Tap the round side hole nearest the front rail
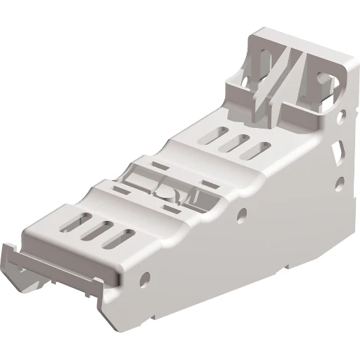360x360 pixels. [145, 280]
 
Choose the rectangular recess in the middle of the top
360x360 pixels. [168, 183]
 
